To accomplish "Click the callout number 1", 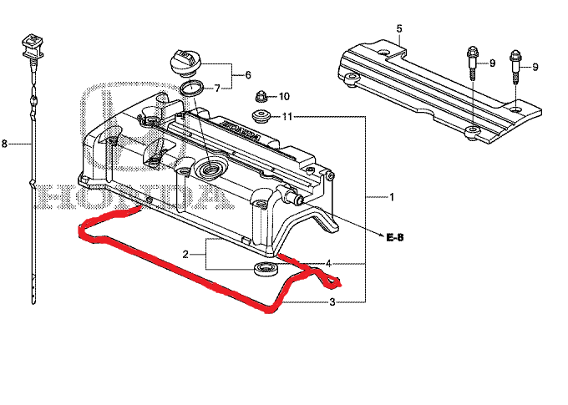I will [391, 197].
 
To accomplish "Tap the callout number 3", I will [332, 301].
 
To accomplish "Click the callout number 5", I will [399, 29].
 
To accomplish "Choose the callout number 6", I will [247, 75].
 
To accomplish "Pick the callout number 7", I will [216, 87].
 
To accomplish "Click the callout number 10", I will [283, 96].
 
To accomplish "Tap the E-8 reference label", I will [395, 238].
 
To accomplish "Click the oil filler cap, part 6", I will [185, 62].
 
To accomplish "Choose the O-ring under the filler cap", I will [192, 88].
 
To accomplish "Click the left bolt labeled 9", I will [469, 63].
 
